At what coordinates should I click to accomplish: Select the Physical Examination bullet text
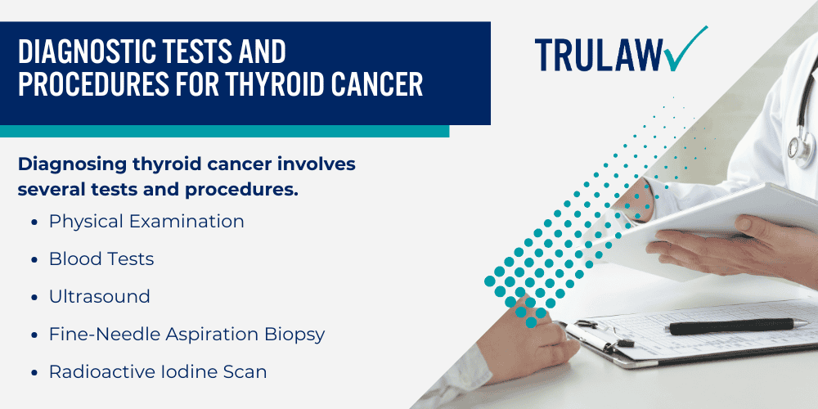coord(146,221)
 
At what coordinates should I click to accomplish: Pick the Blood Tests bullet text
coord(101,258)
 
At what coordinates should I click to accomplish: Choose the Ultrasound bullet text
coord(100,296)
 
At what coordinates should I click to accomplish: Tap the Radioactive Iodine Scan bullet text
coord(158,371)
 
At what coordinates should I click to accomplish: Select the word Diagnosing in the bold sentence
coord(71,164)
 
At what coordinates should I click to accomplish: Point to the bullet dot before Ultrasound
coord(34,297)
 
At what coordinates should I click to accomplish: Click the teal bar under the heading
coord(224,131)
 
